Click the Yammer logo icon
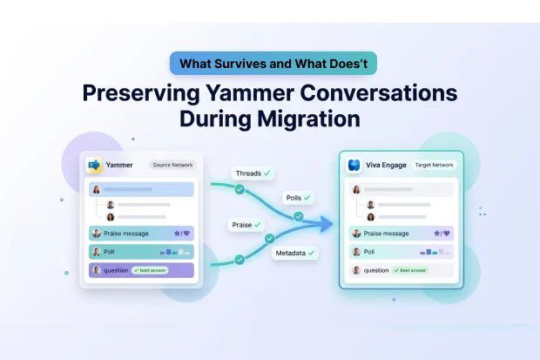point(94,165)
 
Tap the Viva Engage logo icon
point(354,165)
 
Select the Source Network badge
point(172,165)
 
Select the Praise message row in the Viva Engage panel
point(402,234)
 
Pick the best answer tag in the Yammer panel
point(149,270)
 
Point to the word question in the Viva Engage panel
point(376,270)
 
